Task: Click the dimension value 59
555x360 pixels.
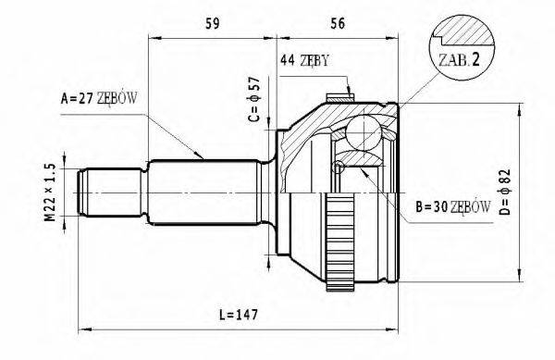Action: pyautogui.click(x=213, y=24)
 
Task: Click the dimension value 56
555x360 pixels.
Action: pyautogui.click(x=337, y=24)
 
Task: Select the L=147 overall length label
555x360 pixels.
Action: pyautogui.click(x=239, y=315)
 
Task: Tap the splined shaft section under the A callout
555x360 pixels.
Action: pyautogui.click(x=203, y=191)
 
